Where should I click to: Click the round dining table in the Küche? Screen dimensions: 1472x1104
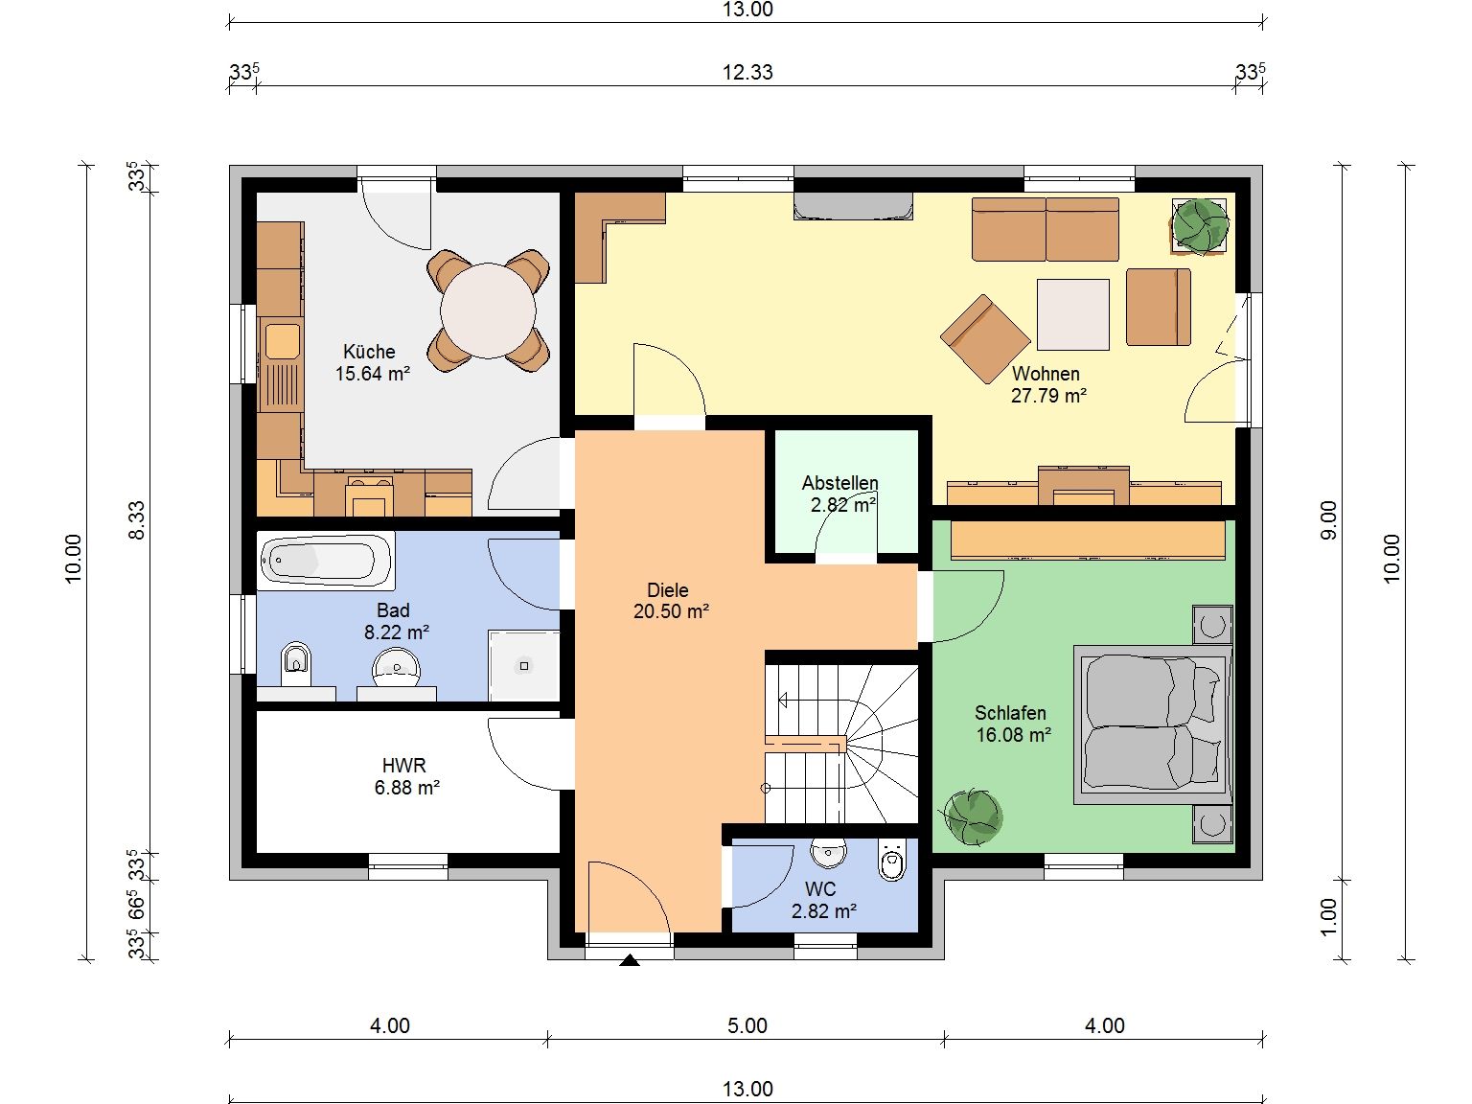click(488, 310)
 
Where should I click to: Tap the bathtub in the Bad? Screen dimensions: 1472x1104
click(325, 561)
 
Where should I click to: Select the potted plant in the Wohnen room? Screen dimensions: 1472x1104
click(1201, 226)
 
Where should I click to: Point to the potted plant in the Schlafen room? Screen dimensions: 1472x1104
click(974, 817)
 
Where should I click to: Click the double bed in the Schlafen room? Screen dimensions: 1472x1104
click(1152, 724)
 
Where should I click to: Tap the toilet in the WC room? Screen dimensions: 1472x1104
click(892, 860)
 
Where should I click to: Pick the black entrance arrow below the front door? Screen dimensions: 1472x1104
click(629, 960)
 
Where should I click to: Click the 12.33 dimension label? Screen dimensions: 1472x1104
click(747, 72)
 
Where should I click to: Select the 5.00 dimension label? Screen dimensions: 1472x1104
click(747, 1025)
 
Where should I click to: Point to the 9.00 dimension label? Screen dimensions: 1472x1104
click(1328, 519)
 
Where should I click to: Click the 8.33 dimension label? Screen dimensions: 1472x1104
click(136, 519)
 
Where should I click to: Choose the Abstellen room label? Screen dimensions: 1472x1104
click(839, 483)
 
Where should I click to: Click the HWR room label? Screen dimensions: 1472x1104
click(403, 765)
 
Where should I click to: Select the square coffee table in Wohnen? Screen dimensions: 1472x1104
click(1073, 314)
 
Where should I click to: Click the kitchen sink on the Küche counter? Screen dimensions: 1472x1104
click(282, 341)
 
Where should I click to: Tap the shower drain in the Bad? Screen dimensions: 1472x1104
click(524, 666)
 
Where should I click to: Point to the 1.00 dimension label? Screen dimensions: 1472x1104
click(1328, 916)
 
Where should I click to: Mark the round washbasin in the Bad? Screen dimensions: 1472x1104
click(397, 669)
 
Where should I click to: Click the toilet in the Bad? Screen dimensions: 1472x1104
click(296, 663)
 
